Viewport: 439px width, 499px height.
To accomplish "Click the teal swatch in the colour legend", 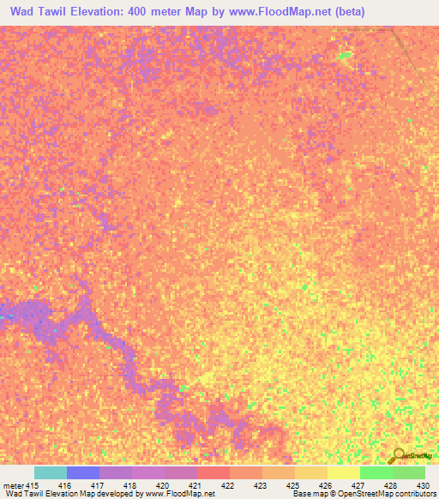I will click(x=51, y=472).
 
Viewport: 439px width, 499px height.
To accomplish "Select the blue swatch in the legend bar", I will click(x=83, y=472).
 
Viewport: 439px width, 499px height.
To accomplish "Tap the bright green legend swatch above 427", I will click(x=376, y=472).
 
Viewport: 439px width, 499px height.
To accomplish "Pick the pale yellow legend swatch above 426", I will click(x=344, y=472).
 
